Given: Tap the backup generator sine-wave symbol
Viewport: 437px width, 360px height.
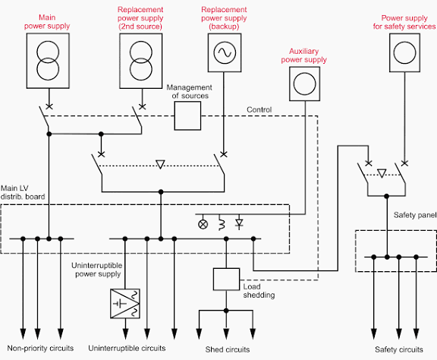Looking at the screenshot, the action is (225, 52).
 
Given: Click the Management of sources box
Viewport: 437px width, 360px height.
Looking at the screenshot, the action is (187, 115).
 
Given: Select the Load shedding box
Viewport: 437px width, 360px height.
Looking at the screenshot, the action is (226, 279).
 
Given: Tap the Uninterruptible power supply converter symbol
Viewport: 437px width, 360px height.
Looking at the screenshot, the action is (125, 304).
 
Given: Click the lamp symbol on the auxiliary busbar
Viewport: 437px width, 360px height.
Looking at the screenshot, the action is (203, 224).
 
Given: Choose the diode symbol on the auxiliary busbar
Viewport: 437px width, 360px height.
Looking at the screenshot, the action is (239, 223).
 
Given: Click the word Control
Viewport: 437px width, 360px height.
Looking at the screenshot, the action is (259, 109).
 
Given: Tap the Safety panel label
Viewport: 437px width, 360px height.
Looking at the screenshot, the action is (415, 215).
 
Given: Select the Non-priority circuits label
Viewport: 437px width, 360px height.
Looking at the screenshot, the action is (40, 349).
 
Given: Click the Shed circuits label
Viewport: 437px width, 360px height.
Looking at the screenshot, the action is (228, 349).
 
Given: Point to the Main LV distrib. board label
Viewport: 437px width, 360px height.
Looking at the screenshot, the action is (23, 192).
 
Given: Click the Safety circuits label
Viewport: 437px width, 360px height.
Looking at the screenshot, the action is (399, 349).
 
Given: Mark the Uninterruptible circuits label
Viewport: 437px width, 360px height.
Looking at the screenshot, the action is (127, 349).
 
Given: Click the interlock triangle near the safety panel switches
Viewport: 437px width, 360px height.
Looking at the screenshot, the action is (382, 173).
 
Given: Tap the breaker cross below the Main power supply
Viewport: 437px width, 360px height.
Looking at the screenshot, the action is (49, 106).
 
